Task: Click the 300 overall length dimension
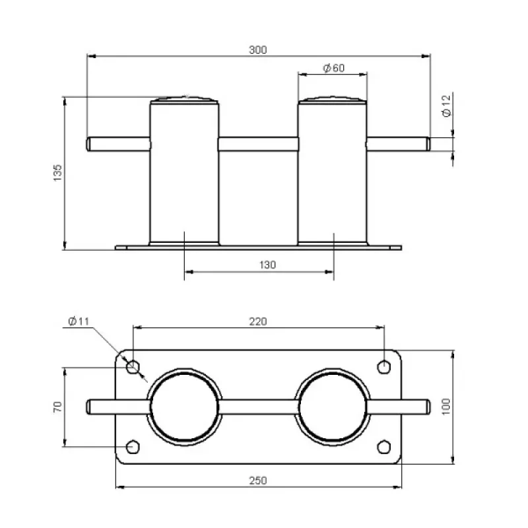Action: tap(257, 50)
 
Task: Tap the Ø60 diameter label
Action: tap(334, 68)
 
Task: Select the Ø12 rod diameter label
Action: tap(446, 106)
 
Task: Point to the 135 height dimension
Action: tap(57, 173)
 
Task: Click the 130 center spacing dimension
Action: tap(267, 265)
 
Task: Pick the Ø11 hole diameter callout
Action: tap(79, 321)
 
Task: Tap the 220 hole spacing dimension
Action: tap(258, 321)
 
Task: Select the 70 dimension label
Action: tap(57, 407)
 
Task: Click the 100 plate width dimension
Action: tap(446, 407)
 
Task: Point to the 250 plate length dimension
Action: tap(258, 480)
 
